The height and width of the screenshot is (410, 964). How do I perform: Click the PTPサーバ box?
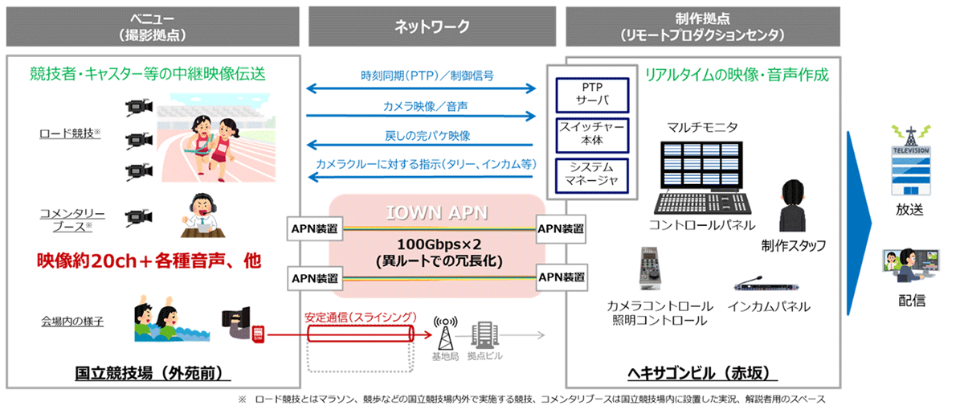[x=591, y=93]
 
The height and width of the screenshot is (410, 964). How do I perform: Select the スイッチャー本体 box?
[x=591, y=133]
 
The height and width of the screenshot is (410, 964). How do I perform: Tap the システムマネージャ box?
[x=591, y=172]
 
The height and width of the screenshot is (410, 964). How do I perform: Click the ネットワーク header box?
[x=432, y=26]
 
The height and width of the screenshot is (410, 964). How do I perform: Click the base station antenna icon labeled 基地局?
[x=443, y=330]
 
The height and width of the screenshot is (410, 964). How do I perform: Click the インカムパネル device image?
[x=756, y=285]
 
